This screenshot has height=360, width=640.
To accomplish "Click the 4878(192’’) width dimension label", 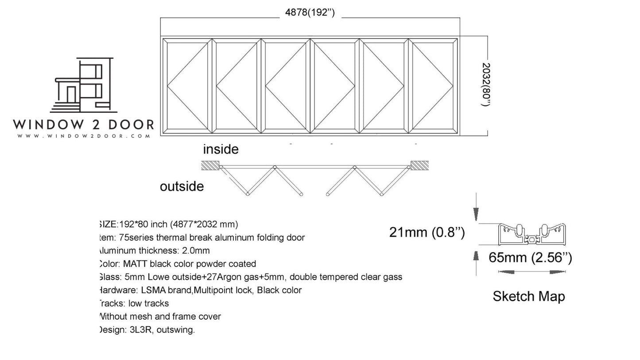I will click(310, 12).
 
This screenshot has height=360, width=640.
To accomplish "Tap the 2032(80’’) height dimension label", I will click(485, 84).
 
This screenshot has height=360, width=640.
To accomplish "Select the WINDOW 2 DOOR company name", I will click(83, 124).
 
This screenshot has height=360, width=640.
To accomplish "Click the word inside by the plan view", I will click(221, 149).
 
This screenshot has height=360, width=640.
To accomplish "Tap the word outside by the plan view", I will click(182, 186).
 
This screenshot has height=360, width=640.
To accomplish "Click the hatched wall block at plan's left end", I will click(210, 166).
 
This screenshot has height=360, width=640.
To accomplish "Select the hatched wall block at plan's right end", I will click(419, 166).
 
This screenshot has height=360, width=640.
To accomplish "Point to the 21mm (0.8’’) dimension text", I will click(427, 232).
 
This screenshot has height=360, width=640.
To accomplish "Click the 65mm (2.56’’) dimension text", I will click(530, 257).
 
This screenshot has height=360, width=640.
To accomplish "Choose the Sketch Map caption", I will click(528, 296).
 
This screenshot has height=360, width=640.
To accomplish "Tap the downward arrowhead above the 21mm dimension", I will click(476, 215).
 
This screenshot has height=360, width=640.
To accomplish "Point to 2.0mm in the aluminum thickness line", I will click(196, 251).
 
